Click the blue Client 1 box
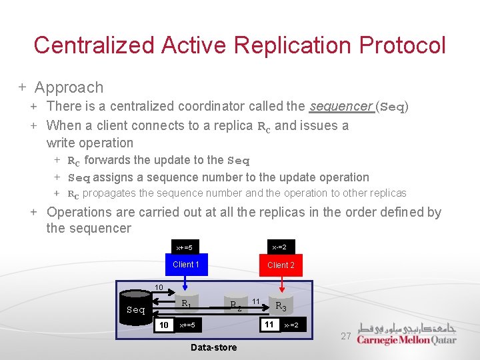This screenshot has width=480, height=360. (x=186, y=265)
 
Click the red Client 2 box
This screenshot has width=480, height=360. (x=281, y=265)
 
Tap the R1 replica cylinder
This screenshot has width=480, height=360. (x=186, y=303)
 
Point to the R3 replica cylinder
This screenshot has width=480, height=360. (x=281, y=305)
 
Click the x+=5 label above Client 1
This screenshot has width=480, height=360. (x=183, y=247)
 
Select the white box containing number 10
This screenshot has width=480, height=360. (x=163, y=325)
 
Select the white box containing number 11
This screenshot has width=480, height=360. (x=269, y=325)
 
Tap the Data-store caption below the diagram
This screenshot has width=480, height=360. (x=213, y=347)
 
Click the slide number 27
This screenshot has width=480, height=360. (x=346, y=337)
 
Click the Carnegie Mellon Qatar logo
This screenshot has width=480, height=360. (x=407, y=334)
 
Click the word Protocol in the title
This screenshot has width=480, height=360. (x=402, y=45)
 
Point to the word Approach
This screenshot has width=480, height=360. (x=69, y=87)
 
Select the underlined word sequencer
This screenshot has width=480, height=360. (x=340, y=106)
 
